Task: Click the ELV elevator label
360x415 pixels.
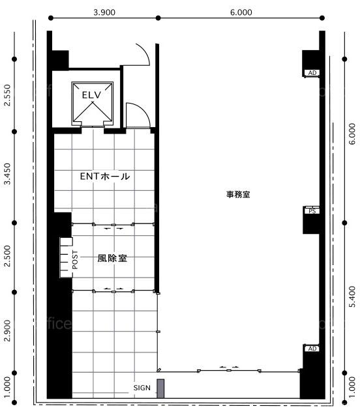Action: tap(92, 94)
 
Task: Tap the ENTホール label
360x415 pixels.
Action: tap(105, 177)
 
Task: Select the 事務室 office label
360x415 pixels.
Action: tap(238, 195)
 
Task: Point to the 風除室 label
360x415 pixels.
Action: tap(112, 258)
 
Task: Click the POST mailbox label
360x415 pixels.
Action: tap(75, 260)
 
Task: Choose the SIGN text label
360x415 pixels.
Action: tap(142, 388)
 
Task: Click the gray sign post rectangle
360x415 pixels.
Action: tap(160, 388)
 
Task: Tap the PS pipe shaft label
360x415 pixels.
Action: tap(312, 211)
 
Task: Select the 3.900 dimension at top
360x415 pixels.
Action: tap(104, 12)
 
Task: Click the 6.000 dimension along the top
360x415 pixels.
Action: tap(241, 12)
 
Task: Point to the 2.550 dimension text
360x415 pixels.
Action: tap(8, 95)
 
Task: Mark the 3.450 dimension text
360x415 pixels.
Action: tap(8, 174)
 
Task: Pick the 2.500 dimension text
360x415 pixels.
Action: tap(8, 256)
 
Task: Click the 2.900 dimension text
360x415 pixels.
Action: tap(8, 331)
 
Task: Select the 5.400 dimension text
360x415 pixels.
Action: tap(352, 296)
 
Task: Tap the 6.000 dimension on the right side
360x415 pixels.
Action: tap(352, 134)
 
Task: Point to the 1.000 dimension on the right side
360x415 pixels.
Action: tap(352, 387)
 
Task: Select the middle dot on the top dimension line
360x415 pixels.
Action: tap(158, 18)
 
